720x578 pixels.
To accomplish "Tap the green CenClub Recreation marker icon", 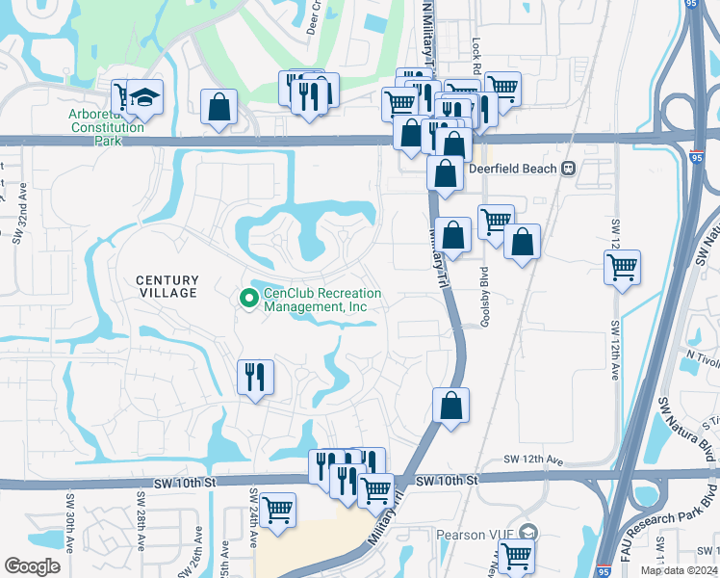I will [x=249, y=300].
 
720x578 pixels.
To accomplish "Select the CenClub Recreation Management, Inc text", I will [x=321, y=300].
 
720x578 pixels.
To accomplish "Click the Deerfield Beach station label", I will [x=512, y=169].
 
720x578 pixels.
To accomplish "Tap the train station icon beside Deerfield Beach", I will [x=568, y=169].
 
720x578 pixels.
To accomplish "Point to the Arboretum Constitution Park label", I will [x=105, y=127].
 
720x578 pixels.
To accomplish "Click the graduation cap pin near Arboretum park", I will [x=146, y=98].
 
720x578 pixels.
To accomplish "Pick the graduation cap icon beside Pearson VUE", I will [x=527, y=532].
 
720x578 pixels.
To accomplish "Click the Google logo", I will [x=32, y=565].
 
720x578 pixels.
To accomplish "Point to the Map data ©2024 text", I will [x=678, y=570].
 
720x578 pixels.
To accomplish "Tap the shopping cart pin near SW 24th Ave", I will [x=277, y=508].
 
